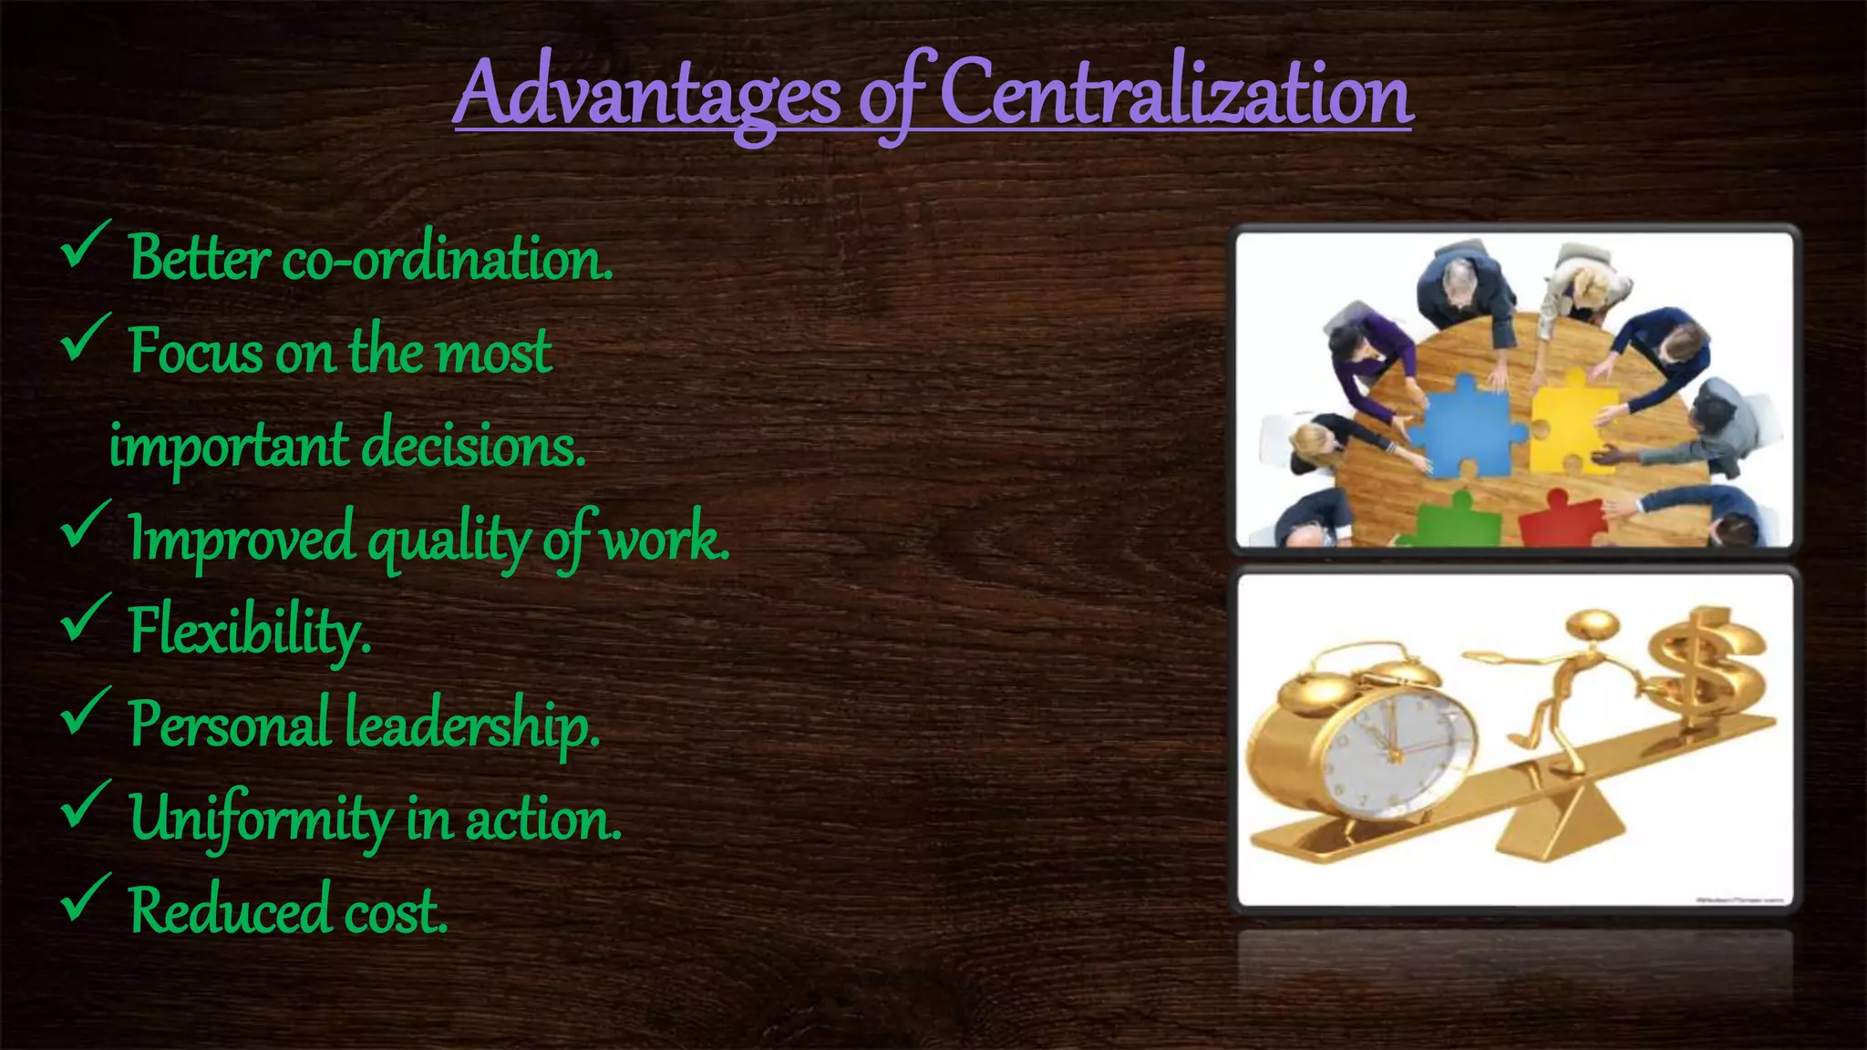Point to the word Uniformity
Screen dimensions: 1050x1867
point(260,818)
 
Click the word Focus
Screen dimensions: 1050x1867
point(195,351)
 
